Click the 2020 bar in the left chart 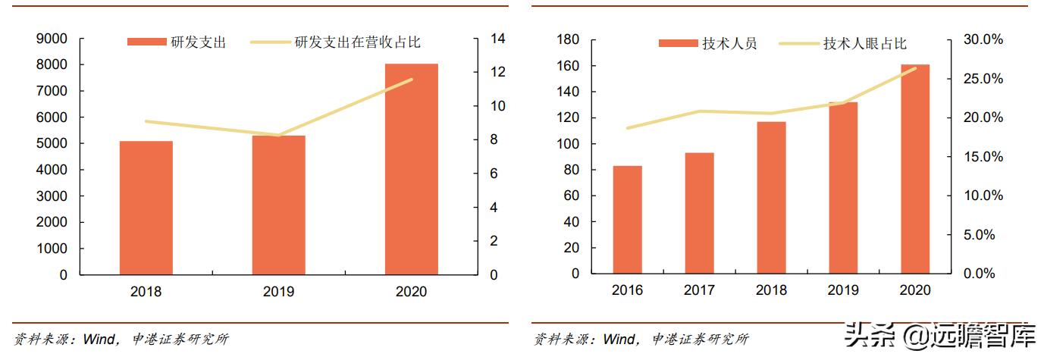[411, 169]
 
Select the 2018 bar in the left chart [146, 208]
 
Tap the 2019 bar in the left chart [278, 205]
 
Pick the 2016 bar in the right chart [627, 220]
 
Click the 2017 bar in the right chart [699, 213]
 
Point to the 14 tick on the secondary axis [497, 39]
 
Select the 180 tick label [568, 39]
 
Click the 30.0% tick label [983, 39]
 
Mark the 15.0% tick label [983, 157]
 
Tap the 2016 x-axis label [627, 290]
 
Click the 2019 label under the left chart [278, 292]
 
